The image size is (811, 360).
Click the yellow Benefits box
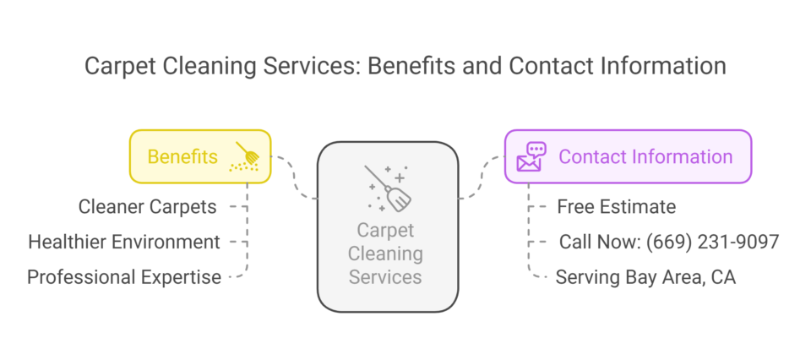199,156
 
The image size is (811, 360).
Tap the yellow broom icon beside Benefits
246,157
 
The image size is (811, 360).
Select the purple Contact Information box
628,156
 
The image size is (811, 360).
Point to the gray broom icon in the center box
388,188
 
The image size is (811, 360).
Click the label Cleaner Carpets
147,206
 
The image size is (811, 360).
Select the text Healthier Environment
124,242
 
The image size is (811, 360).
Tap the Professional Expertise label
124,277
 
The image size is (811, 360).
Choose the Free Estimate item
617,206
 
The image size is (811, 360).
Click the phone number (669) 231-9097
712,242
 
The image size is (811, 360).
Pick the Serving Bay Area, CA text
645,277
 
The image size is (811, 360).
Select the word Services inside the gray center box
386,275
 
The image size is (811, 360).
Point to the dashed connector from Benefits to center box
296,178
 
